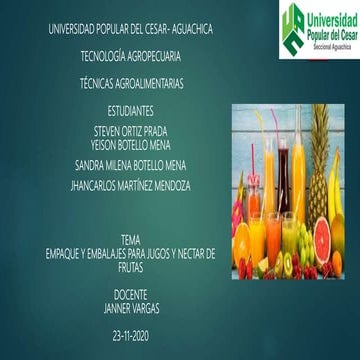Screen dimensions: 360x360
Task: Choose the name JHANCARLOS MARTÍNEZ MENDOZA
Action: (132, 186)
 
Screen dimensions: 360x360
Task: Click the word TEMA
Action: (130, 241)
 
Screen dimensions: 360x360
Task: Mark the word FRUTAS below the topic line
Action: (131, 266)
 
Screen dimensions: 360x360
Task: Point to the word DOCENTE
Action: (131, 297)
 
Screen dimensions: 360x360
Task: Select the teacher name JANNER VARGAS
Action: (131, 309)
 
